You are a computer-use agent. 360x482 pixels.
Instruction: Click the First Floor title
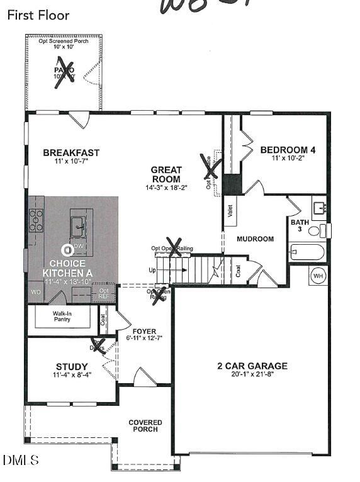[38, 14]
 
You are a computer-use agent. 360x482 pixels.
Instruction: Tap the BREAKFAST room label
[71, 152]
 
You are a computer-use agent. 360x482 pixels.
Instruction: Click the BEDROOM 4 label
[288, 150]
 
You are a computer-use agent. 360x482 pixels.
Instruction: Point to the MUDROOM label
[255, 239]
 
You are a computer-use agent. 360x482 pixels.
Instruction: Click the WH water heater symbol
[318, 275]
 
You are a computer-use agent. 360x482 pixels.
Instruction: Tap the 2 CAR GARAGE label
[252, 366]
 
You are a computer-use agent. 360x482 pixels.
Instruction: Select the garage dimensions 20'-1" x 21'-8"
[252, 376]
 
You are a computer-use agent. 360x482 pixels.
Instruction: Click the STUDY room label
[72, 367]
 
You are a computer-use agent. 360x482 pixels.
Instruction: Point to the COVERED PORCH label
[145, 426]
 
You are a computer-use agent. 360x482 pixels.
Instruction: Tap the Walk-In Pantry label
[61, 316]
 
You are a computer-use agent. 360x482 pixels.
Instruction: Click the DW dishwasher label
[79, 245]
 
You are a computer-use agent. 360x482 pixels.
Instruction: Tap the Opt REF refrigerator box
[103, 293]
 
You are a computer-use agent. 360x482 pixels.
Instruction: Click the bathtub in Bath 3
[307, 253]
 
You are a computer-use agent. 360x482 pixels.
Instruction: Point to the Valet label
[231, 211]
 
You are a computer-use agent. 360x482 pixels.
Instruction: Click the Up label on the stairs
[152, 270]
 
